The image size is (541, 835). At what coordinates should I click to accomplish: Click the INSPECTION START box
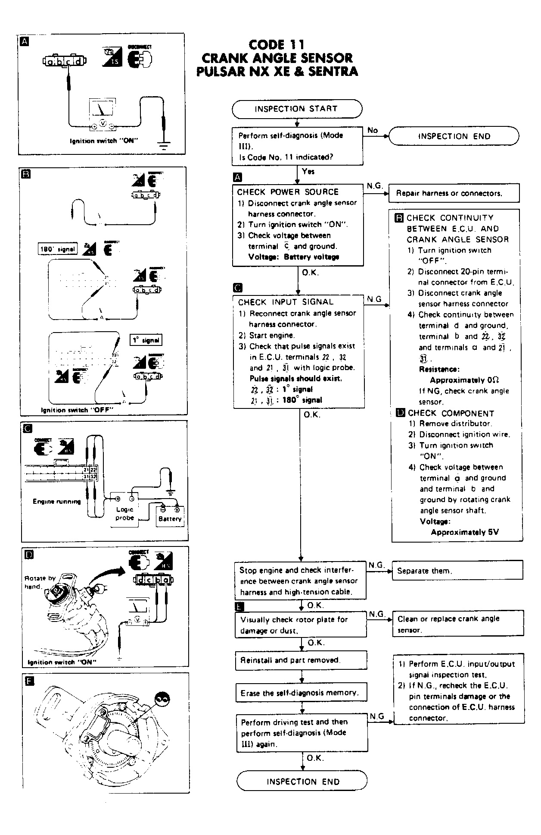(297, 109)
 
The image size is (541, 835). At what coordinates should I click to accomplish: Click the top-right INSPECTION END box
(454, 136)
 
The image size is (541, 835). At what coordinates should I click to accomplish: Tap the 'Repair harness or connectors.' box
(454, 193)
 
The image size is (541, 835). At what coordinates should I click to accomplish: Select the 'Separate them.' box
(457, 571)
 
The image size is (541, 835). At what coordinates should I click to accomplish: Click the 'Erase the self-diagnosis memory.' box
(302, 693)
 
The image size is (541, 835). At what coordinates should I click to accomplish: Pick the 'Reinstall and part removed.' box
(301, 660)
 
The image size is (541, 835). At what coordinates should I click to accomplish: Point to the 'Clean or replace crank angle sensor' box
(458, 624)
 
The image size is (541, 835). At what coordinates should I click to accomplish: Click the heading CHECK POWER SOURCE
(288, 192)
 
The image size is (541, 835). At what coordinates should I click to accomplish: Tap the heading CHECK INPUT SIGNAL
(286, 302)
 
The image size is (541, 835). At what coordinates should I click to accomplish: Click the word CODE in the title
(267, 45)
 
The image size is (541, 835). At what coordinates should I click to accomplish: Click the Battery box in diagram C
(170, 516)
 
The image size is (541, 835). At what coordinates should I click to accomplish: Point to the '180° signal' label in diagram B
(57, 249)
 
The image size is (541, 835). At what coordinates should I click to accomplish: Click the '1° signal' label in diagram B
(146, 340)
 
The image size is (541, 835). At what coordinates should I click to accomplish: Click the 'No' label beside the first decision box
(373, 130)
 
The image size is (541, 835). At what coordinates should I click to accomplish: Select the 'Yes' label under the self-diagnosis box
(308, 171)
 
